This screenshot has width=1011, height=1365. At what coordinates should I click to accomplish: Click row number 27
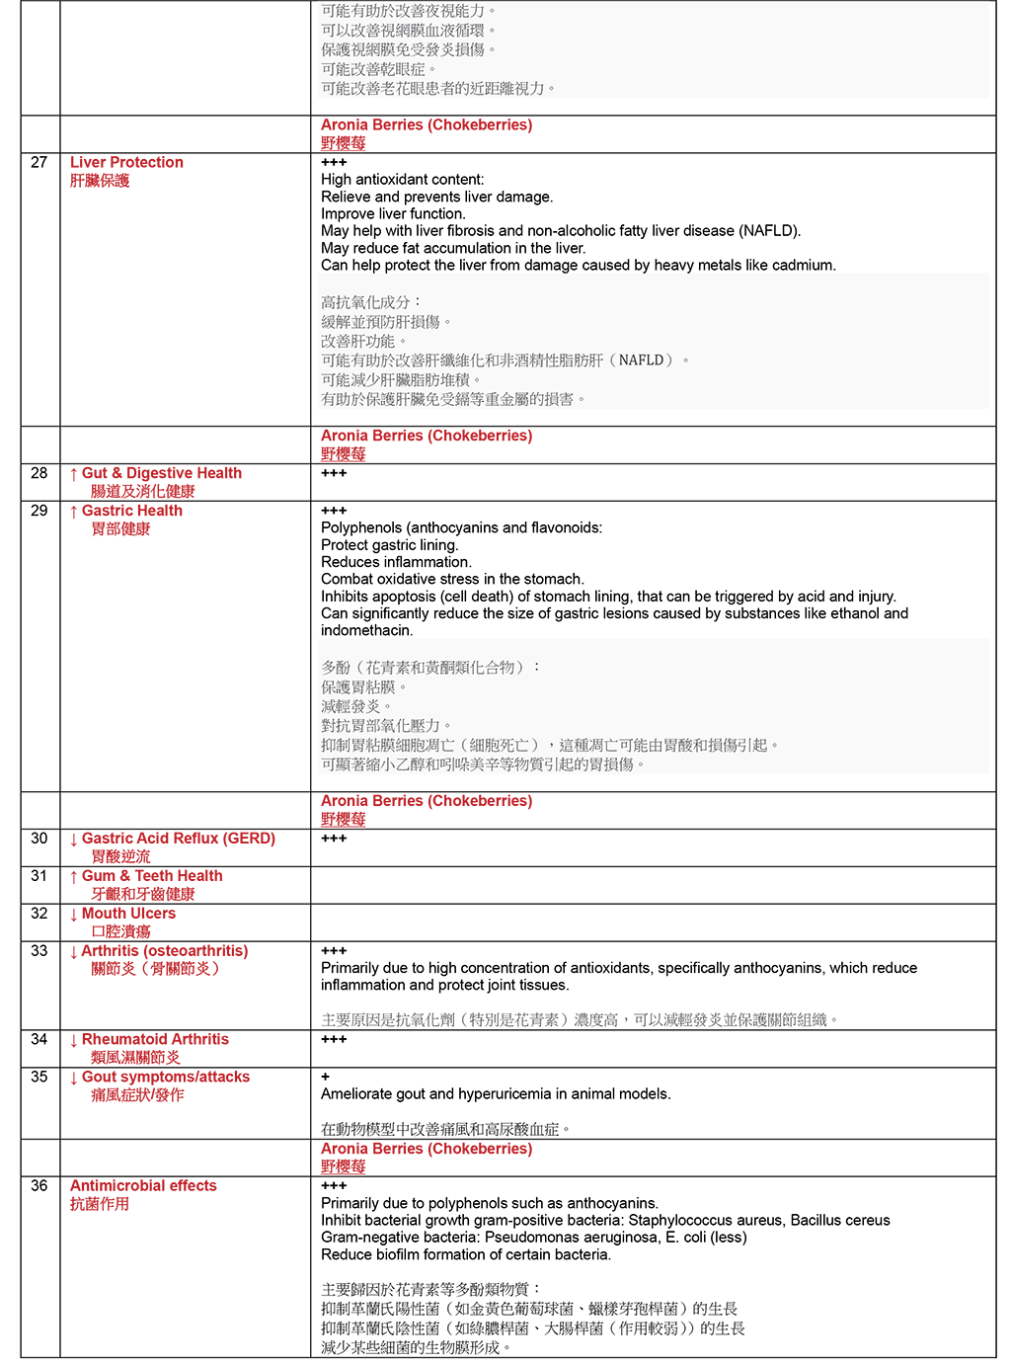(39, 163)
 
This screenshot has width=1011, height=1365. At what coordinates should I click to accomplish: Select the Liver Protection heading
(126, 163)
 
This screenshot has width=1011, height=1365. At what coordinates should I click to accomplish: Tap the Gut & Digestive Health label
(161, 474)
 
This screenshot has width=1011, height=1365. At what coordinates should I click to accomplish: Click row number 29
(39, 512)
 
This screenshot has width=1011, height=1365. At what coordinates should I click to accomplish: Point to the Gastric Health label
(131, 512)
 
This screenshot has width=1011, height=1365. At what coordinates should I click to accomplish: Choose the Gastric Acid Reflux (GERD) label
(178, 840)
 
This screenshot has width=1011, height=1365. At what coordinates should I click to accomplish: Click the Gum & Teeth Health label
(151, 877)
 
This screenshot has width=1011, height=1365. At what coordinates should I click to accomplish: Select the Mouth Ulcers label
(128, 915)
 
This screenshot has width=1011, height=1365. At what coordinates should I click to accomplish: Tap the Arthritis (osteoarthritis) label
(164, 952)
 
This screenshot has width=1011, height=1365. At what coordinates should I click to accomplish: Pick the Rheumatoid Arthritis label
(155, 1040)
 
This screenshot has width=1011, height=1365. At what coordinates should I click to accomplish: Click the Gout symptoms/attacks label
(165, 1078)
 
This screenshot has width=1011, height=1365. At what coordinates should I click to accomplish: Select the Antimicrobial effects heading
(143, 1186)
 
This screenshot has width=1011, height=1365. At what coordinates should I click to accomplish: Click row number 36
(39, 1186)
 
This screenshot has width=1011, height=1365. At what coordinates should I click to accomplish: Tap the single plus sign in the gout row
(325, 1078)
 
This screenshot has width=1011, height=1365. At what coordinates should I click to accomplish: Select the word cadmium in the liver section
(806, 266)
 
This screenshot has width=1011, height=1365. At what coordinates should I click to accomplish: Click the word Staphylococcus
(675, 1221)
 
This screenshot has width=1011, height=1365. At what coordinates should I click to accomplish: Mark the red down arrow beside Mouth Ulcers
(74, 915)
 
